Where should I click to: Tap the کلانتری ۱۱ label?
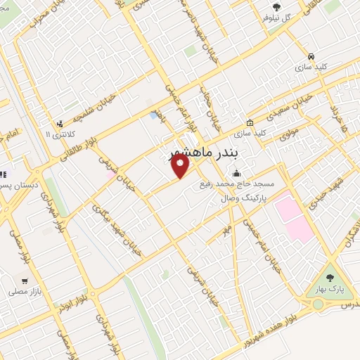pos(59,134)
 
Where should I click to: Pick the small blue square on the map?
pos(153,115)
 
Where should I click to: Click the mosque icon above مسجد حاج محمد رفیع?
pos(237,173)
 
